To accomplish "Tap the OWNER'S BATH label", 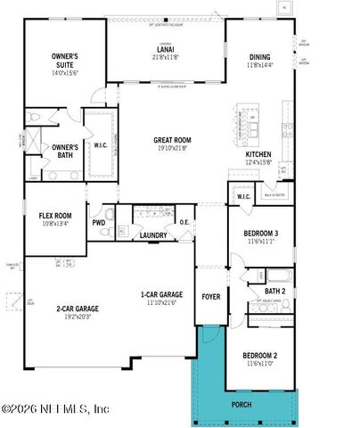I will (x=64, y=151).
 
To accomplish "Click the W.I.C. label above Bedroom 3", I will (x=244, y=196).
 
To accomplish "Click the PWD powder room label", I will (x=98, y=223).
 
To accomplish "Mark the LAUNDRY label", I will (x=153, y=235).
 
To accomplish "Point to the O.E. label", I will (x=185, y=223).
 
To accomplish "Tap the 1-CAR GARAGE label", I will (x=162, y=295).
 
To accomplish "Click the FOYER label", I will (x=211, y=296).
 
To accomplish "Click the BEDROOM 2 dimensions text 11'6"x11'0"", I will (x=261, y=363).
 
